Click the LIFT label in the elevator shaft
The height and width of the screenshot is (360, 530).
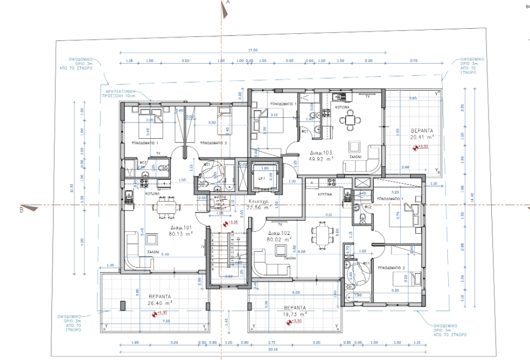pos(263,178)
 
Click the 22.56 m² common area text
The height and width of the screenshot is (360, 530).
pos(259,208)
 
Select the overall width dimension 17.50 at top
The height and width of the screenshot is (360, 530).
pos(253,50)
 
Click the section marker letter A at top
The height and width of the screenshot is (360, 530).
pos(228,3)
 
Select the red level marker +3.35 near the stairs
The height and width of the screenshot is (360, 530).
pos(232,222)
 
